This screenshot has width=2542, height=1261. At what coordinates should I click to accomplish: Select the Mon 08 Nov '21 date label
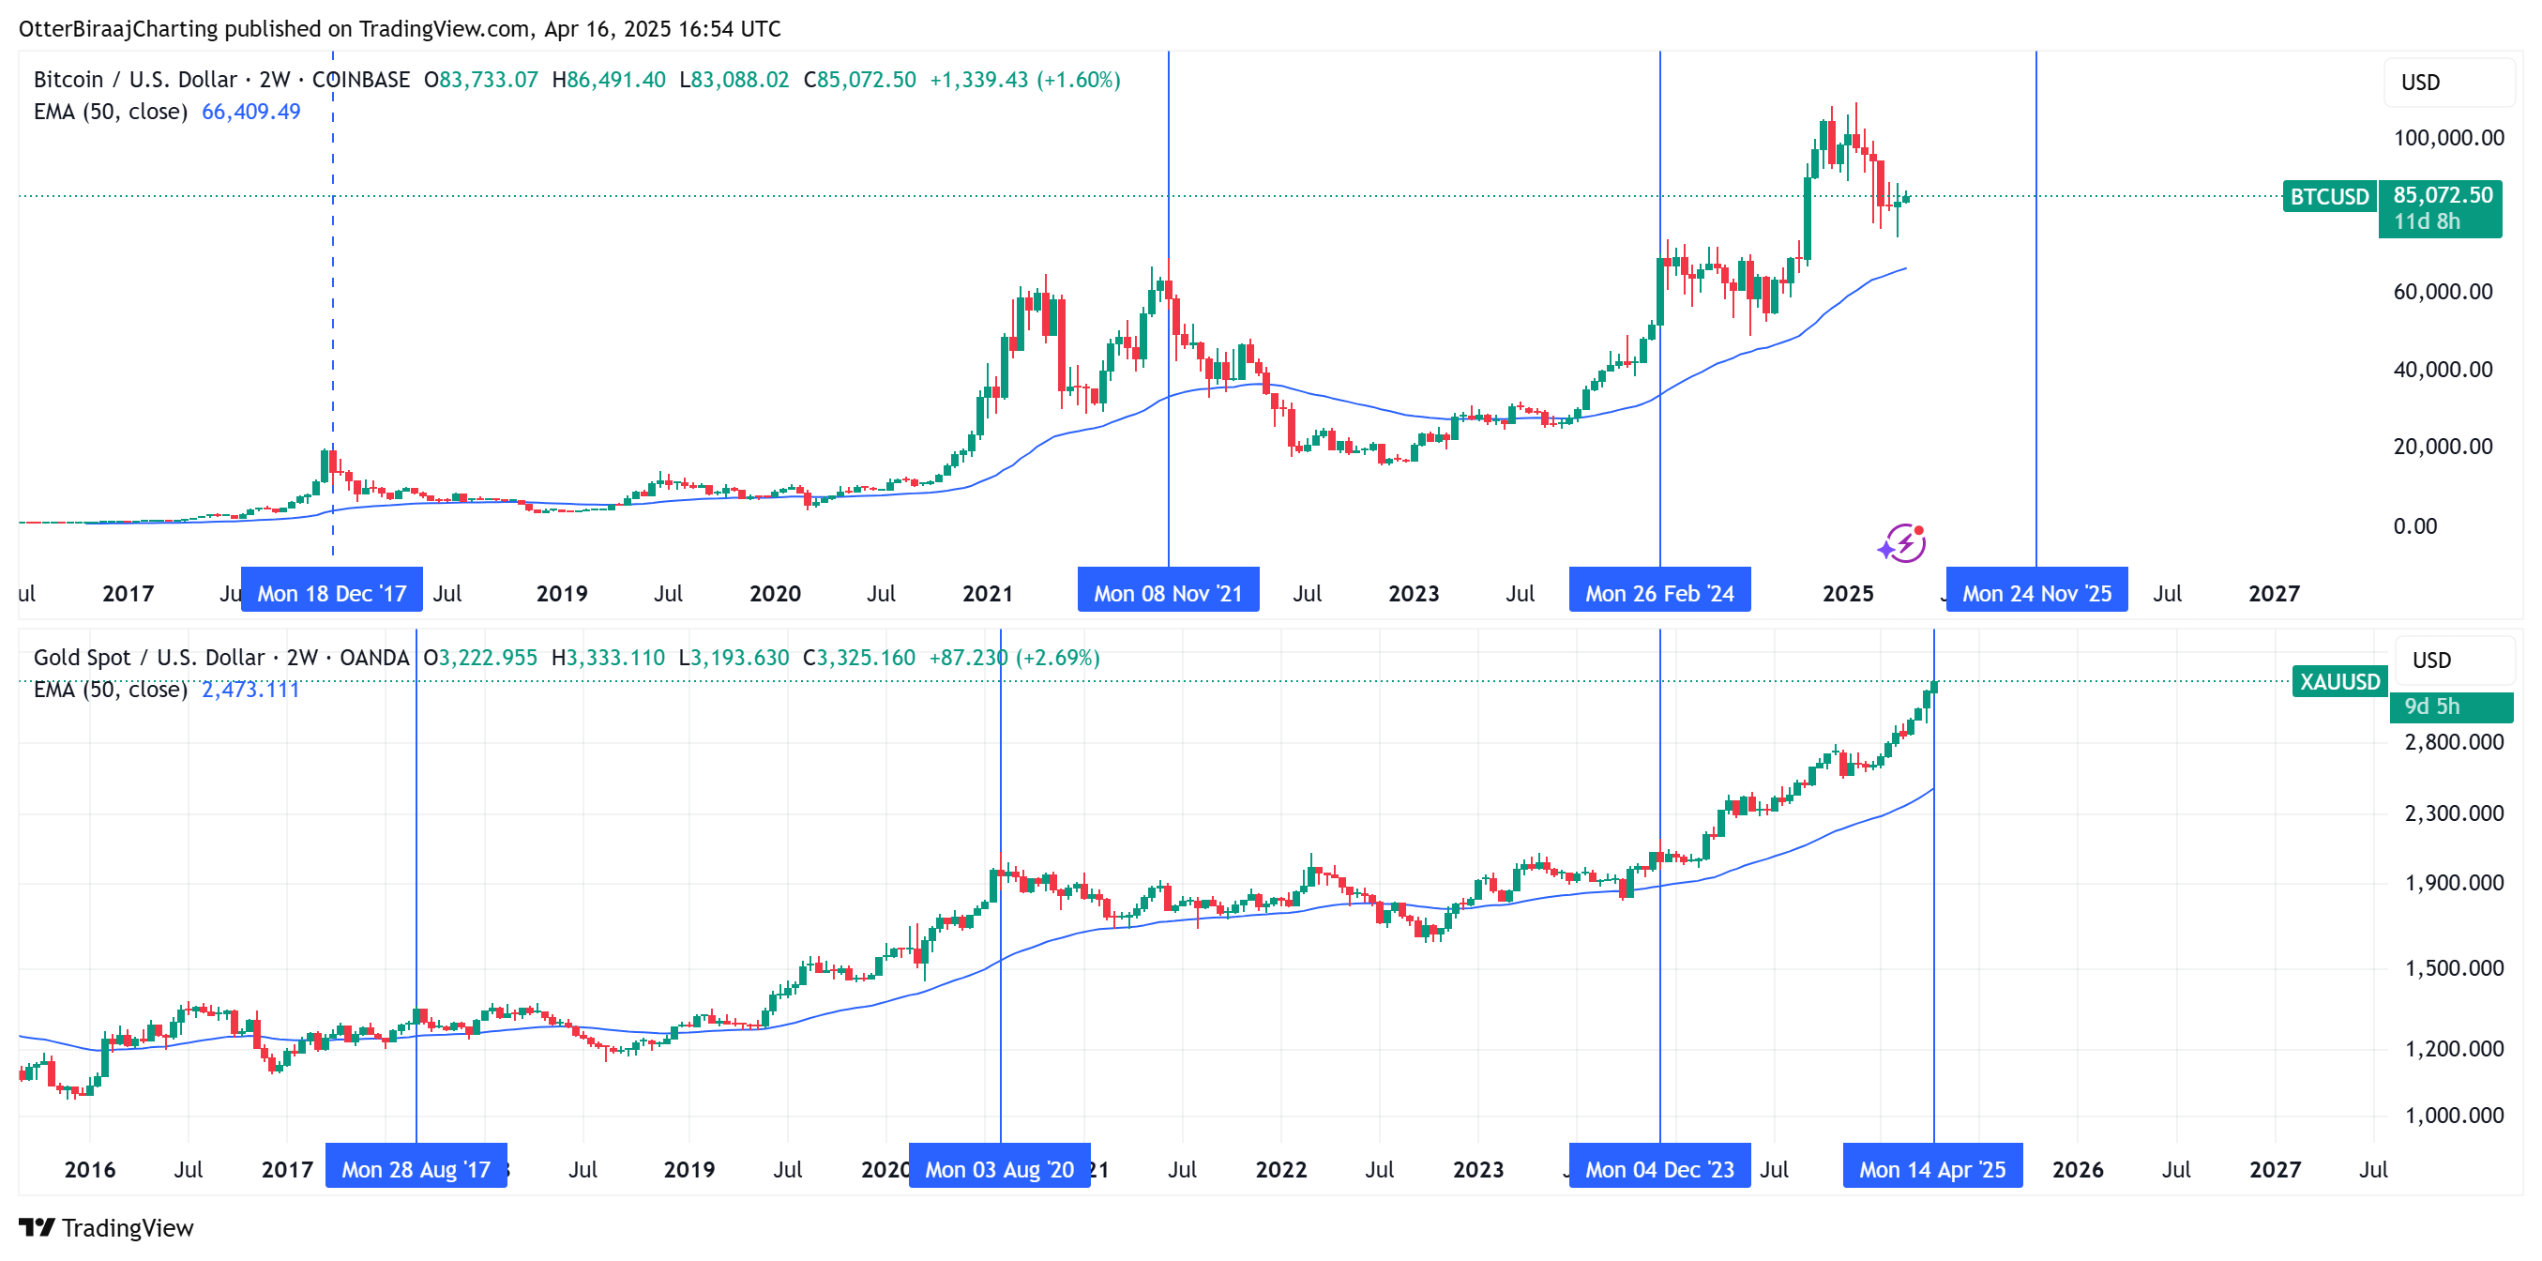pyautogui.click(x=1168, y=593)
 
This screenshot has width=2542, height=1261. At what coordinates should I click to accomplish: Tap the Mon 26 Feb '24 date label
pyautogui.click(x=1658, y=593)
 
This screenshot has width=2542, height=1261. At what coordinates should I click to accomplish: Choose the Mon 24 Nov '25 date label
pyautogui.click(x=2035, y=593)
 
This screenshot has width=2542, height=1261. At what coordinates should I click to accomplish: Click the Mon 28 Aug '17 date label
pyautogui.click(x=416, y=1169)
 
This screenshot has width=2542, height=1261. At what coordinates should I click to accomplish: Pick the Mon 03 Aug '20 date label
pyautogui.click(x=999, y=1169)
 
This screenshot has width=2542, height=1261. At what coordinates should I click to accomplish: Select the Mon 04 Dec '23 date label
pyautogui.click(x=1658, y=1169)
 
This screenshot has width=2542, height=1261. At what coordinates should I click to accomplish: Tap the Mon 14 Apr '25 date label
pyautogui.click(x=1932, y=1169)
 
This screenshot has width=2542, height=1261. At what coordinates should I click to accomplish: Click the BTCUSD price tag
pyautogui.click(x=2329, y=196)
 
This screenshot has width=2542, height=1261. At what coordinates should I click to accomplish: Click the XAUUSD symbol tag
pyautogui.click(x=2338, y=682)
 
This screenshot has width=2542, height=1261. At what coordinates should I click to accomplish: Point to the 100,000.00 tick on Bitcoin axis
pyautogui.click(x=2448, y=138)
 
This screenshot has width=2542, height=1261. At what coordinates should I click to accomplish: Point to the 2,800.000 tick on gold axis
pyautogui.click(x=2453, y=742)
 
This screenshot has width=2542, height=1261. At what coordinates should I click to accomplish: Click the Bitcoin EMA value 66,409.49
pyautogui.click(x=250, y=112)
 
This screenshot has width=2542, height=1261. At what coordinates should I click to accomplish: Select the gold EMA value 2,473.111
pyautogui.click(x=250, y=690)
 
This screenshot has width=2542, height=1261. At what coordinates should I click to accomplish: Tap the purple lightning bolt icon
pyautogui.click(x=1901, y=542)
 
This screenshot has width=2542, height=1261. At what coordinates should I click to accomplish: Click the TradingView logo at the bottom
pyautogui.click(x=107, y=1227)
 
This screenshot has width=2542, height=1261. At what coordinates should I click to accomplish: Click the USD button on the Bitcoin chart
pyautogui.click(x=2420, y=83)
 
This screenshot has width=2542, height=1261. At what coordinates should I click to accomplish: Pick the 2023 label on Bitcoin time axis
pyautogui.click(x=1413, y=593)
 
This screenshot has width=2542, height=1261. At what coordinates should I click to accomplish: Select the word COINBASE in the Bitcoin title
pyautogui.click(x=360, y=80)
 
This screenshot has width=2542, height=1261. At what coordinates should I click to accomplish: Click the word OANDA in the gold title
pyautogui.click(x=374, y=657)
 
